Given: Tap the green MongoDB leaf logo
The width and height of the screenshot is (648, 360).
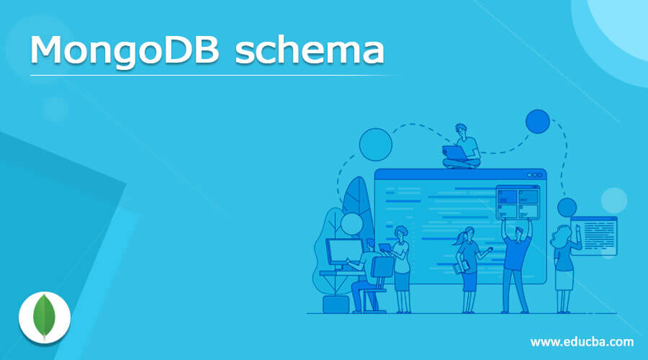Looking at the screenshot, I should [x=44, y=316].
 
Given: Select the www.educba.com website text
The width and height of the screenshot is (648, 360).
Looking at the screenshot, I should [x=582, y=341].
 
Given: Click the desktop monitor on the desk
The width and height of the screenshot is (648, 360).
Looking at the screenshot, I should [x=343, y=251].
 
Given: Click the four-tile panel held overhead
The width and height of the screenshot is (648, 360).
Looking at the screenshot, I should [x=517, y=202].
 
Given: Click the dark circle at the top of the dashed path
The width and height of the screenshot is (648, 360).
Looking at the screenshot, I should [x=537, y=122].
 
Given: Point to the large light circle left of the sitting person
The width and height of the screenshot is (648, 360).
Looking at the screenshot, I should [x=375, y=143].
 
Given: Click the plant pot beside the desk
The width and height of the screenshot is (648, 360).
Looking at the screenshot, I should [x=335, y=302].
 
